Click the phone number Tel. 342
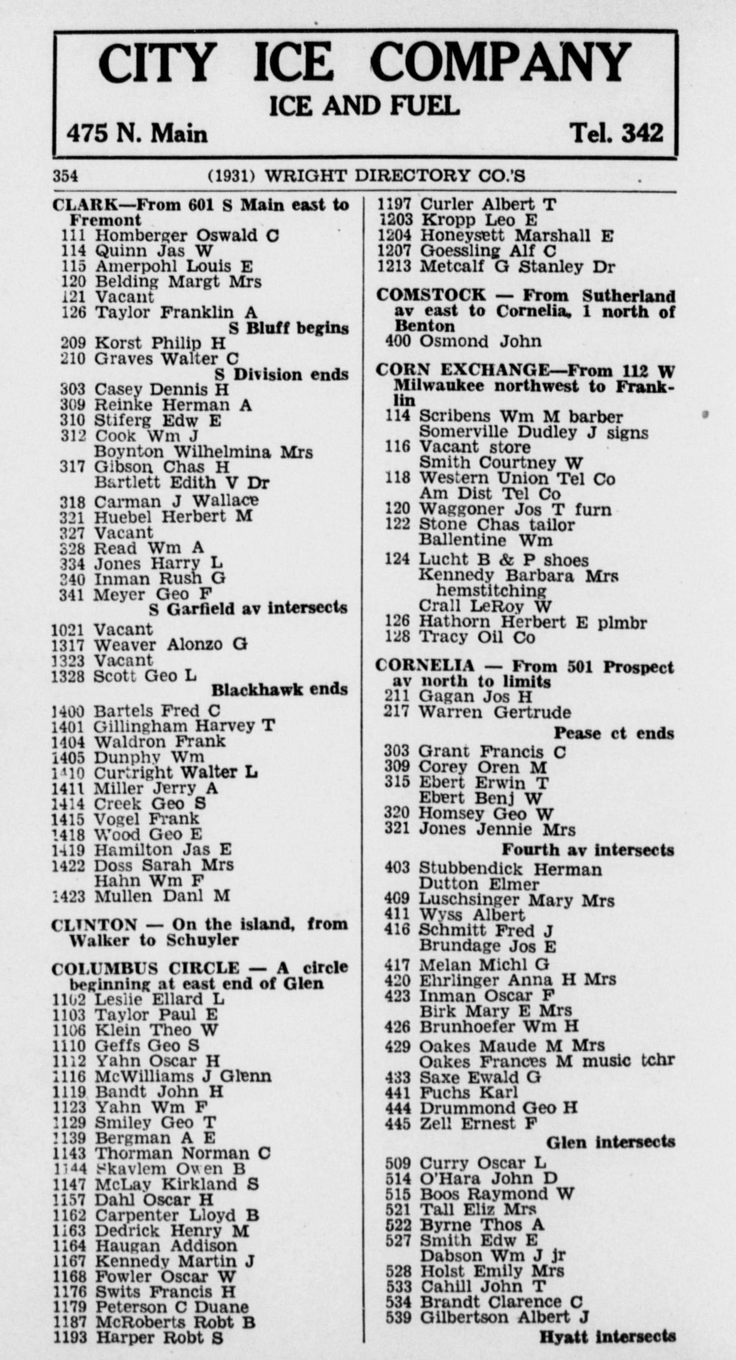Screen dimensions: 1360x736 click(x=615, y=133)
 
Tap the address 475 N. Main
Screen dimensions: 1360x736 click(x=137, y=133)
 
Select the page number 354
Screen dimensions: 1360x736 click(x=65, y=176)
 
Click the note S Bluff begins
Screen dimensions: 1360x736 click(x=289, y=328)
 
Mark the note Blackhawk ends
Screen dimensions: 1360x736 click(x=279, y=690)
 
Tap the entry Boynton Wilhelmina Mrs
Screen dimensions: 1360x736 click(x=203, y=452)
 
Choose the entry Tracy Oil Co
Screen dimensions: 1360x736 click(x=477, y=637)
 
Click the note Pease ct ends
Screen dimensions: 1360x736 click(x=613, y=733)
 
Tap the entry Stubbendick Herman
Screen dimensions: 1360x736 click(x=510, y=869)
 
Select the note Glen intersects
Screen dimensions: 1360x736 click(x=610, y=1143)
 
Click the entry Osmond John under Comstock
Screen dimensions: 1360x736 click(x=480, y=341)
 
